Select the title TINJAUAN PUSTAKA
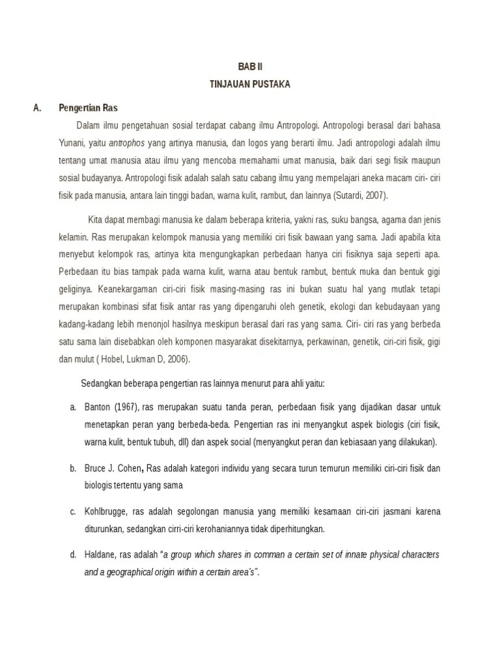tap(249, 84)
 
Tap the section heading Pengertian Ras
tap(88, 107)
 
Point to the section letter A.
tap(36, 107)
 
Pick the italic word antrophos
tap(122, 142)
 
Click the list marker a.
tap(73, 407)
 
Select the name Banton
tap(98, 407)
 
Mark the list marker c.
tap(73, 511)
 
